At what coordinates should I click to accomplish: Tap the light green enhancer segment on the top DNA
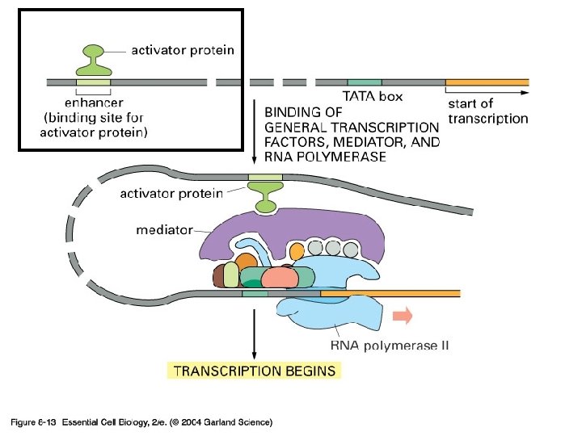click(94, 82)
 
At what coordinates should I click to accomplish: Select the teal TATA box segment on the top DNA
click(365, 82)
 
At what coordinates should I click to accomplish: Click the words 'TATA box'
click(373, 96)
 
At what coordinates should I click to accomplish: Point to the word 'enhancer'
click(94, 103)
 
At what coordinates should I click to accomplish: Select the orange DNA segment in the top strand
click(487, 82)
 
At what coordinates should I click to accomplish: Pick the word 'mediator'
click(164, 229)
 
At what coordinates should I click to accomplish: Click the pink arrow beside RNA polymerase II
click(402, 314)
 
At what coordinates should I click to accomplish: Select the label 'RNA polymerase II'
click(390, 346)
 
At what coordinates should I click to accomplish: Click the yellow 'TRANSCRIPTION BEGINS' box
click(255, 371)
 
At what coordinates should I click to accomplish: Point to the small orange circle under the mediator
click(297, 250)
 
